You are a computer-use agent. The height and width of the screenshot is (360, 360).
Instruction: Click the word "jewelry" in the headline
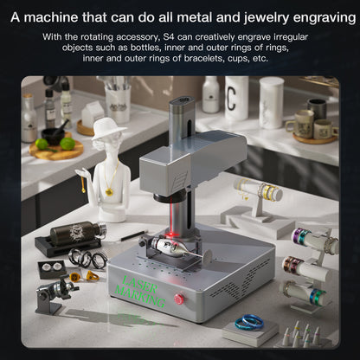260,14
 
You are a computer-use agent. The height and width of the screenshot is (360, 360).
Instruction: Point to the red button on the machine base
180,299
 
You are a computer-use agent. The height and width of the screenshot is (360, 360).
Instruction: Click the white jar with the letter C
236,97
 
